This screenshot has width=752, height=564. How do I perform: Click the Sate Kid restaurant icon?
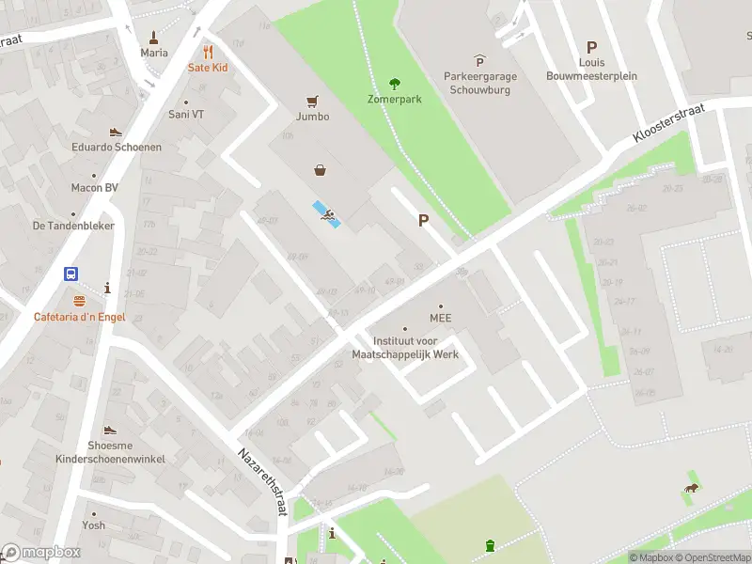208,53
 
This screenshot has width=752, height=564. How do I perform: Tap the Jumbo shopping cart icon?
312,102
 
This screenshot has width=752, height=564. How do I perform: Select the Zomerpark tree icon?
394,84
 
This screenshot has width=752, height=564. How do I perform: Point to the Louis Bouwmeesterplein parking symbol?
591,47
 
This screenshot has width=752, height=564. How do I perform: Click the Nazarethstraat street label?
265,480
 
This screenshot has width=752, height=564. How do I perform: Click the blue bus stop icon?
71,274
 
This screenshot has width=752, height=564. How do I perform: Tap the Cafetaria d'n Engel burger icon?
80,302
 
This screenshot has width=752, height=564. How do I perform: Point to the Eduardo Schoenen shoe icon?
116,133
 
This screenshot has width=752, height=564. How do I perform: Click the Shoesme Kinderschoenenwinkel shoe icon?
110,431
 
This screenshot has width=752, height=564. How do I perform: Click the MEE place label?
441,318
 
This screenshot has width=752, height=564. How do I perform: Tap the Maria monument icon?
154,39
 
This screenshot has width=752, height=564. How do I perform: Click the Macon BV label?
94,188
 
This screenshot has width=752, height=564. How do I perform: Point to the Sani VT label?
185,114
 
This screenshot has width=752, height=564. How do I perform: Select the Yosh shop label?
93,525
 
